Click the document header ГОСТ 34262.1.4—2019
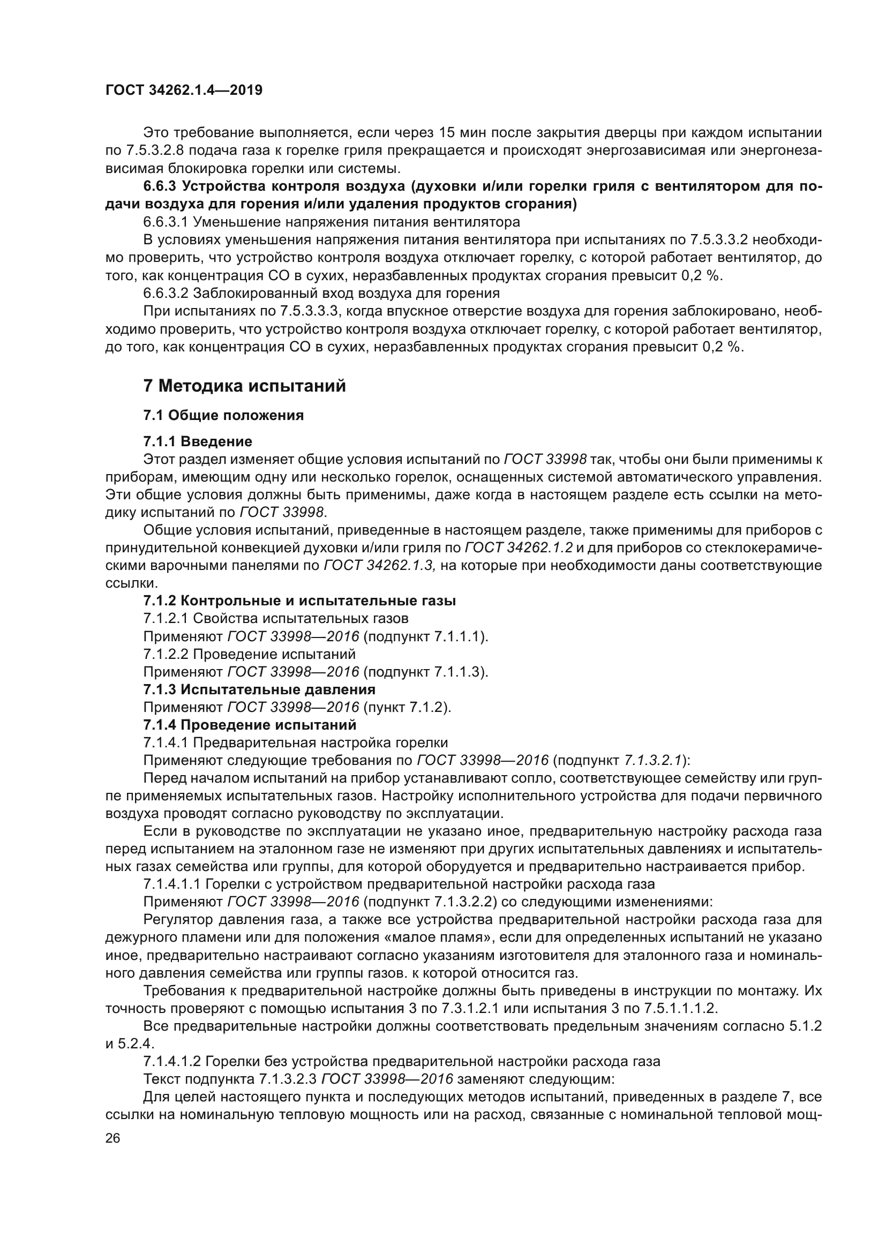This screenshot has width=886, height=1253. [184, 90]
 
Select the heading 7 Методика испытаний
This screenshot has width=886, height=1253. [244, 386]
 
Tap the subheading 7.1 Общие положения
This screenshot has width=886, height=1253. [223, 415]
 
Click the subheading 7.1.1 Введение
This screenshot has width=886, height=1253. [198, 441]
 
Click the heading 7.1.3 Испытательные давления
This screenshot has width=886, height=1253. [259, 689]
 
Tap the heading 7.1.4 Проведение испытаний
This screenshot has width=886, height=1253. [250, 725]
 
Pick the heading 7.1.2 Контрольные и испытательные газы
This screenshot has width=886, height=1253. [299, 601]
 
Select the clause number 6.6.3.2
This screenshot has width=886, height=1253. [166, 294]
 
